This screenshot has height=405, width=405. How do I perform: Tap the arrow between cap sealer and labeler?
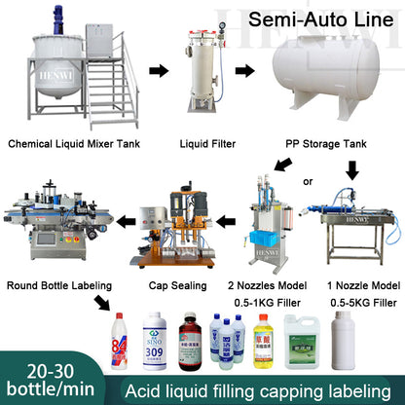point(120,221)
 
